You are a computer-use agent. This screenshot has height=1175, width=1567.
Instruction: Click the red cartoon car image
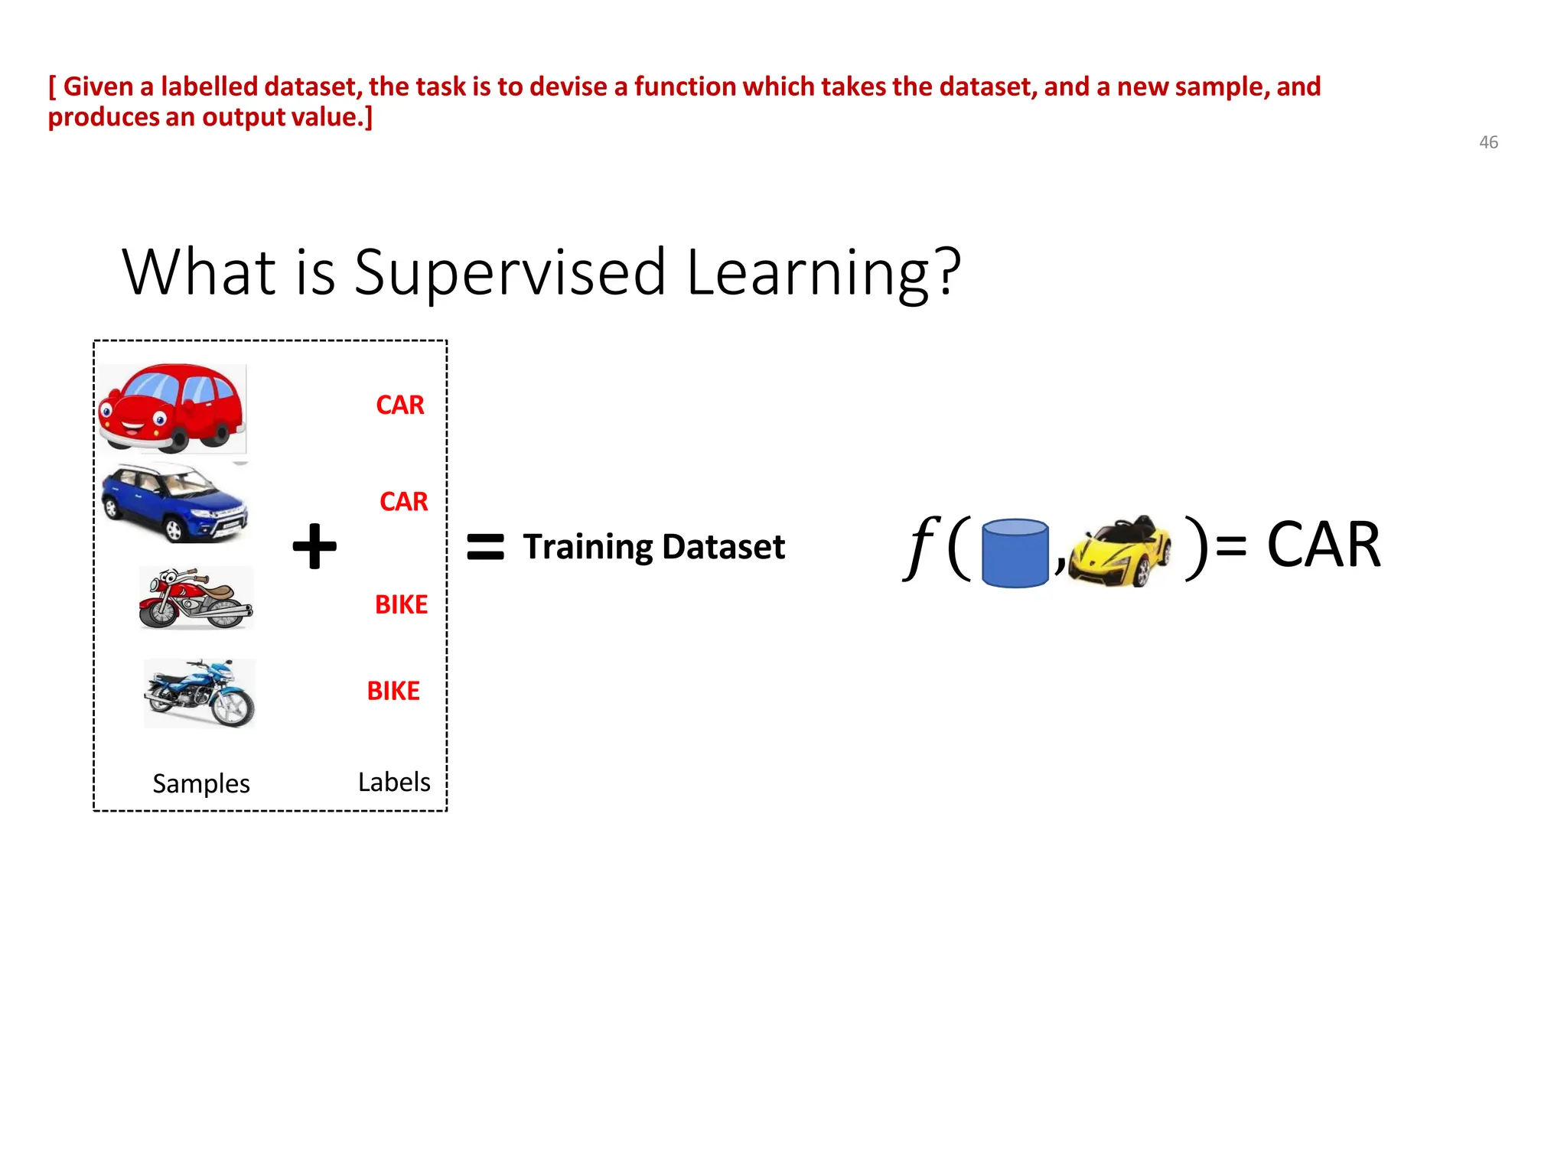click(x=172, y=408)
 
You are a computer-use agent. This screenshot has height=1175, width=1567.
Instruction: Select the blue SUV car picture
click(x=175, y=503)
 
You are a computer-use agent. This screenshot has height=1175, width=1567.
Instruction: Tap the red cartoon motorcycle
click(x=196, y=598)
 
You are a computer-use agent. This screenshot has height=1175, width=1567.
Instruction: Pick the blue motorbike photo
click(x=200, y=693)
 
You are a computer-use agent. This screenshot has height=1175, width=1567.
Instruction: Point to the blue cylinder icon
click(x=1015, y=553)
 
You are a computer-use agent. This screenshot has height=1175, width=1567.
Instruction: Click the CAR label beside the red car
click(x=399, y=405)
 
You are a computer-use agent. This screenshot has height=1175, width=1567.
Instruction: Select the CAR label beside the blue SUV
click(x=403, y=502)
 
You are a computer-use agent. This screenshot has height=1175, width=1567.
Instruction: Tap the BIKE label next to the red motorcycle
click(x=401, y=605)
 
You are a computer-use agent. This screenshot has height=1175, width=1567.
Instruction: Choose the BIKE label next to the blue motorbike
click(x=393, y=692)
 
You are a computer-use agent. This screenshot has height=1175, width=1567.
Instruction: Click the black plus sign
click(x=314, y=546)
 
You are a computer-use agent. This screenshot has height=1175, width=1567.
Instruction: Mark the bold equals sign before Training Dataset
click(x=485, y=547)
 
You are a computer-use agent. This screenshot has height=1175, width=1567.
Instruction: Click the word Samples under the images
click(x=201, y=783)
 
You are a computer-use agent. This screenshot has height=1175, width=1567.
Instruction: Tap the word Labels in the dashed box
click(x=394, y=782)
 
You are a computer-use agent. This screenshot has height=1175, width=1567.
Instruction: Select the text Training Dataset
click(x=653, y=547)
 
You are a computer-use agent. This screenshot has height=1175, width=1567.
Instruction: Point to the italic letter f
click(x=922, y=546)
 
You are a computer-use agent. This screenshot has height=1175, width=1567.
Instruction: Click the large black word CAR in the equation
click(x=1323, y=545)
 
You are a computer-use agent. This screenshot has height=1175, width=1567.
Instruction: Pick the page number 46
click(x=1488, y=142)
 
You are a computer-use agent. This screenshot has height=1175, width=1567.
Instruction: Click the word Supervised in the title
click(x=510, y=273)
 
